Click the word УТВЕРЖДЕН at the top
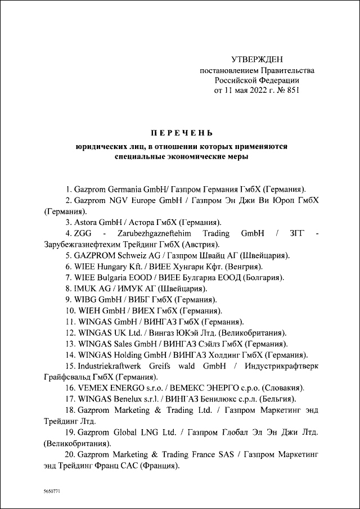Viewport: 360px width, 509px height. pyautogui.click(x=258, y=60)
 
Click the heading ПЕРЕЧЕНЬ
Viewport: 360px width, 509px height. pyautogui.click(x=181, y=133)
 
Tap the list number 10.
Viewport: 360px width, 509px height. pyautogui.click(x=70, y=310)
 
